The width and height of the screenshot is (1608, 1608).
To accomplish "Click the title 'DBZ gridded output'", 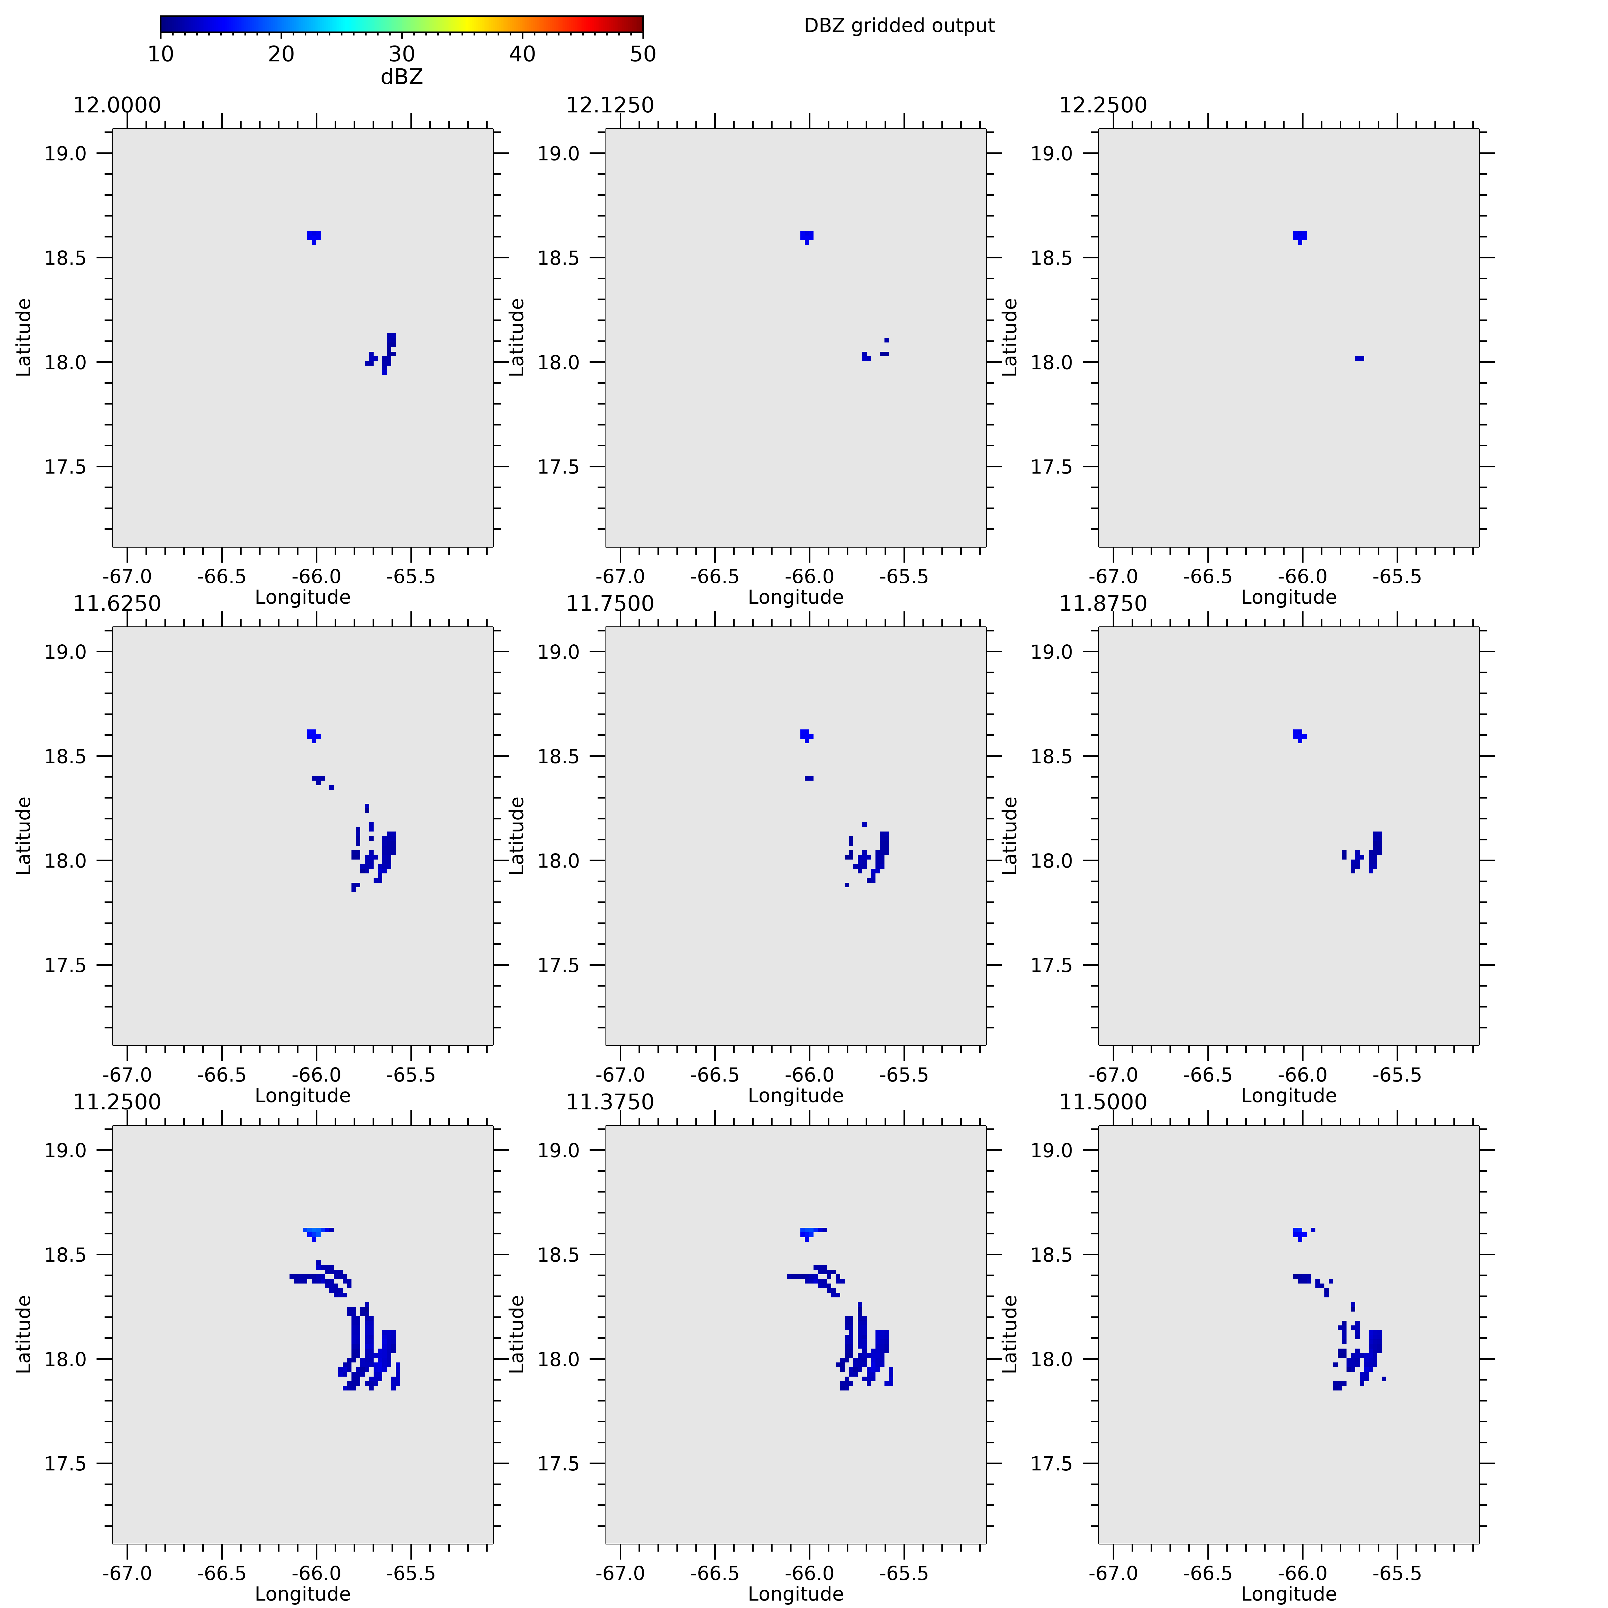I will (x=899, y=26).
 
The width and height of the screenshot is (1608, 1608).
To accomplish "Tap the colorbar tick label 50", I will (x=643, y=54).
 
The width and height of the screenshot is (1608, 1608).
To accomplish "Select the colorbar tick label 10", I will (x=161, y=54).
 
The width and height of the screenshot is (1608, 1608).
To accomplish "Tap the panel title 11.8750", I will (x=1103, y=603).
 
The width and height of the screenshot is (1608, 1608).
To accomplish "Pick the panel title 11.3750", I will (x=610, y=1102).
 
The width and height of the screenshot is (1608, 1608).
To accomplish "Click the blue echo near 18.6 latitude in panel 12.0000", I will (x=314, y=236).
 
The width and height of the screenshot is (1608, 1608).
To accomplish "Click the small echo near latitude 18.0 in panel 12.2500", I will (x=1359, y=359).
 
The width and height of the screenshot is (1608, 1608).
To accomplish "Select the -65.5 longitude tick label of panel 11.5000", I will (x=1396, y=1573).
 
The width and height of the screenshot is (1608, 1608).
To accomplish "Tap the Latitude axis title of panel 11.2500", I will (x=23, y=1334).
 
